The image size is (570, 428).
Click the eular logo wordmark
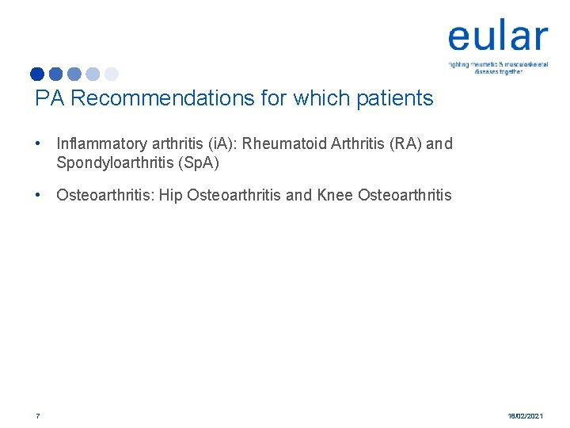point(497,37)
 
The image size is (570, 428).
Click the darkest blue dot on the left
point(37,75)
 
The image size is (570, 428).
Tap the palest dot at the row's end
point(111,75)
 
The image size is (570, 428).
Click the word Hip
point(171,195)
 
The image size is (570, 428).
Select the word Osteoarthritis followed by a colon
point(105,195)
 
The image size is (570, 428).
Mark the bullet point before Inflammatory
point(37,144)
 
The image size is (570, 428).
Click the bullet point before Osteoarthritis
point(37,195)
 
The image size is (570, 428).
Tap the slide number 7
point(37,415)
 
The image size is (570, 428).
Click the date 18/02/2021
point(525,415)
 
